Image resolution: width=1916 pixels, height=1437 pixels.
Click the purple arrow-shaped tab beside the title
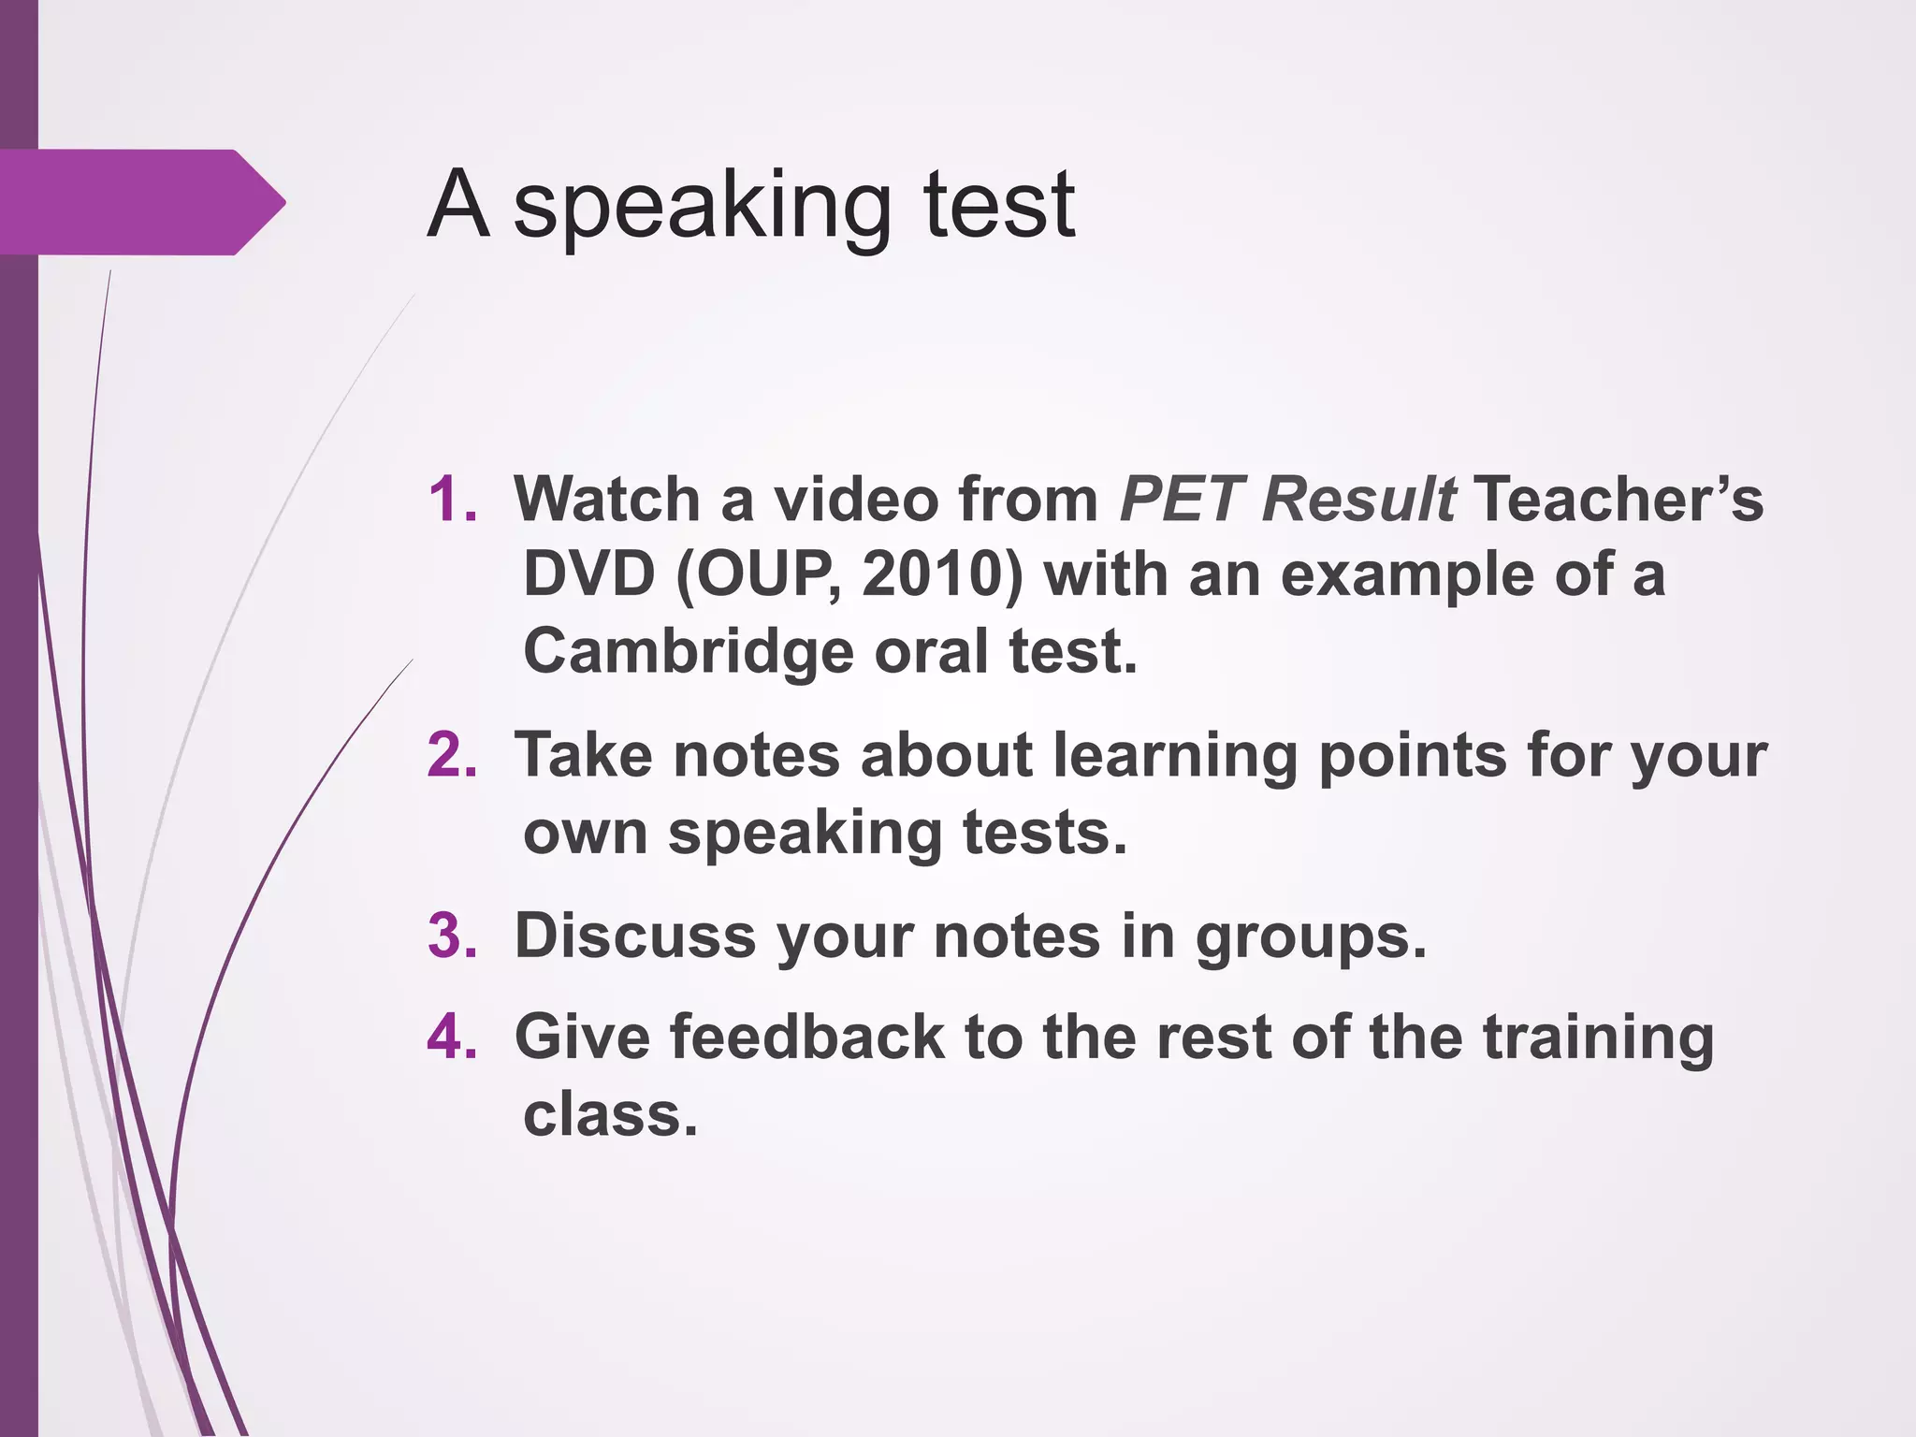coord(140,202)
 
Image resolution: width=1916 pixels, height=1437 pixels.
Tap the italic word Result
coord(1357,499)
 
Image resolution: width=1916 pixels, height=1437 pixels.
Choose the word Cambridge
coord(688,651)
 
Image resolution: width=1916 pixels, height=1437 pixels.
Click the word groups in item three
coord(1310,937)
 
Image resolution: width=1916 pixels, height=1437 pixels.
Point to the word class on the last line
coord(610,1115)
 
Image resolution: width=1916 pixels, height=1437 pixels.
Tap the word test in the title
coord(998,206)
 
